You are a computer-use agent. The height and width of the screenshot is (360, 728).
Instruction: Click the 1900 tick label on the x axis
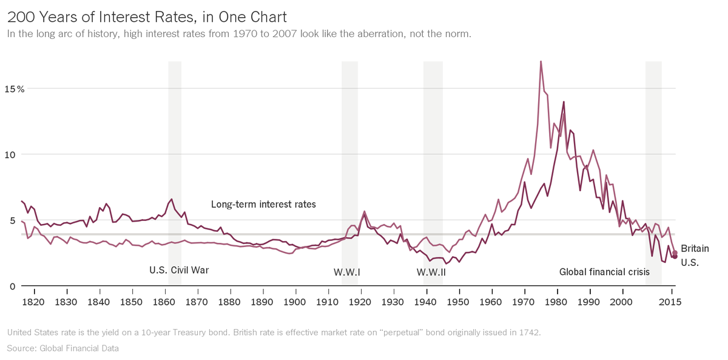click(295, 301)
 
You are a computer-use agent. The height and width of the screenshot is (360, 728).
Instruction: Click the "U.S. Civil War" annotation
click(179, 270)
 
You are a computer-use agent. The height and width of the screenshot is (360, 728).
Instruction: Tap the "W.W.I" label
click(347, 272)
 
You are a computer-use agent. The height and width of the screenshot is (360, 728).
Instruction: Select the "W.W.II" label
click(431, 272)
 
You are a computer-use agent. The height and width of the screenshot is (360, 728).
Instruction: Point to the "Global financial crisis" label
click(604, 272)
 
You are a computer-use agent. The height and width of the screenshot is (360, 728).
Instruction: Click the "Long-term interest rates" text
click(263, 205)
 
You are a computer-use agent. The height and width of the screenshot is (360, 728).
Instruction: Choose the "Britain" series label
click(695, 249)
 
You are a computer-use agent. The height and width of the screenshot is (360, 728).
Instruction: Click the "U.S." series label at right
click(690, 263)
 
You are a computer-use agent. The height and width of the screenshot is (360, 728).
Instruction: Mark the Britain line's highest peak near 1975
click(541, 61)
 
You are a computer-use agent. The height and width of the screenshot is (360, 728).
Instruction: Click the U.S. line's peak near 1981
click(564, 102)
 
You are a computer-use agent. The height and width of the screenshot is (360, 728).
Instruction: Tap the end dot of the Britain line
click(675, 253)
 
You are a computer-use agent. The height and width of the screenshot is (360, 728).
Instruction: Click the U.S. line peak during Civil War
click(172, 199)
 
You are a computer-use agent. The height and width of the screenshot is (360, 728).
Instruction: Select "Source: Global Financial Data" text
click(63, 348)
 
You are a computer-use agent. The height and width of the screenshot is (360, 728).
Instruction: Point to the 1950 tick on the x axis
click(459, 301)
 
